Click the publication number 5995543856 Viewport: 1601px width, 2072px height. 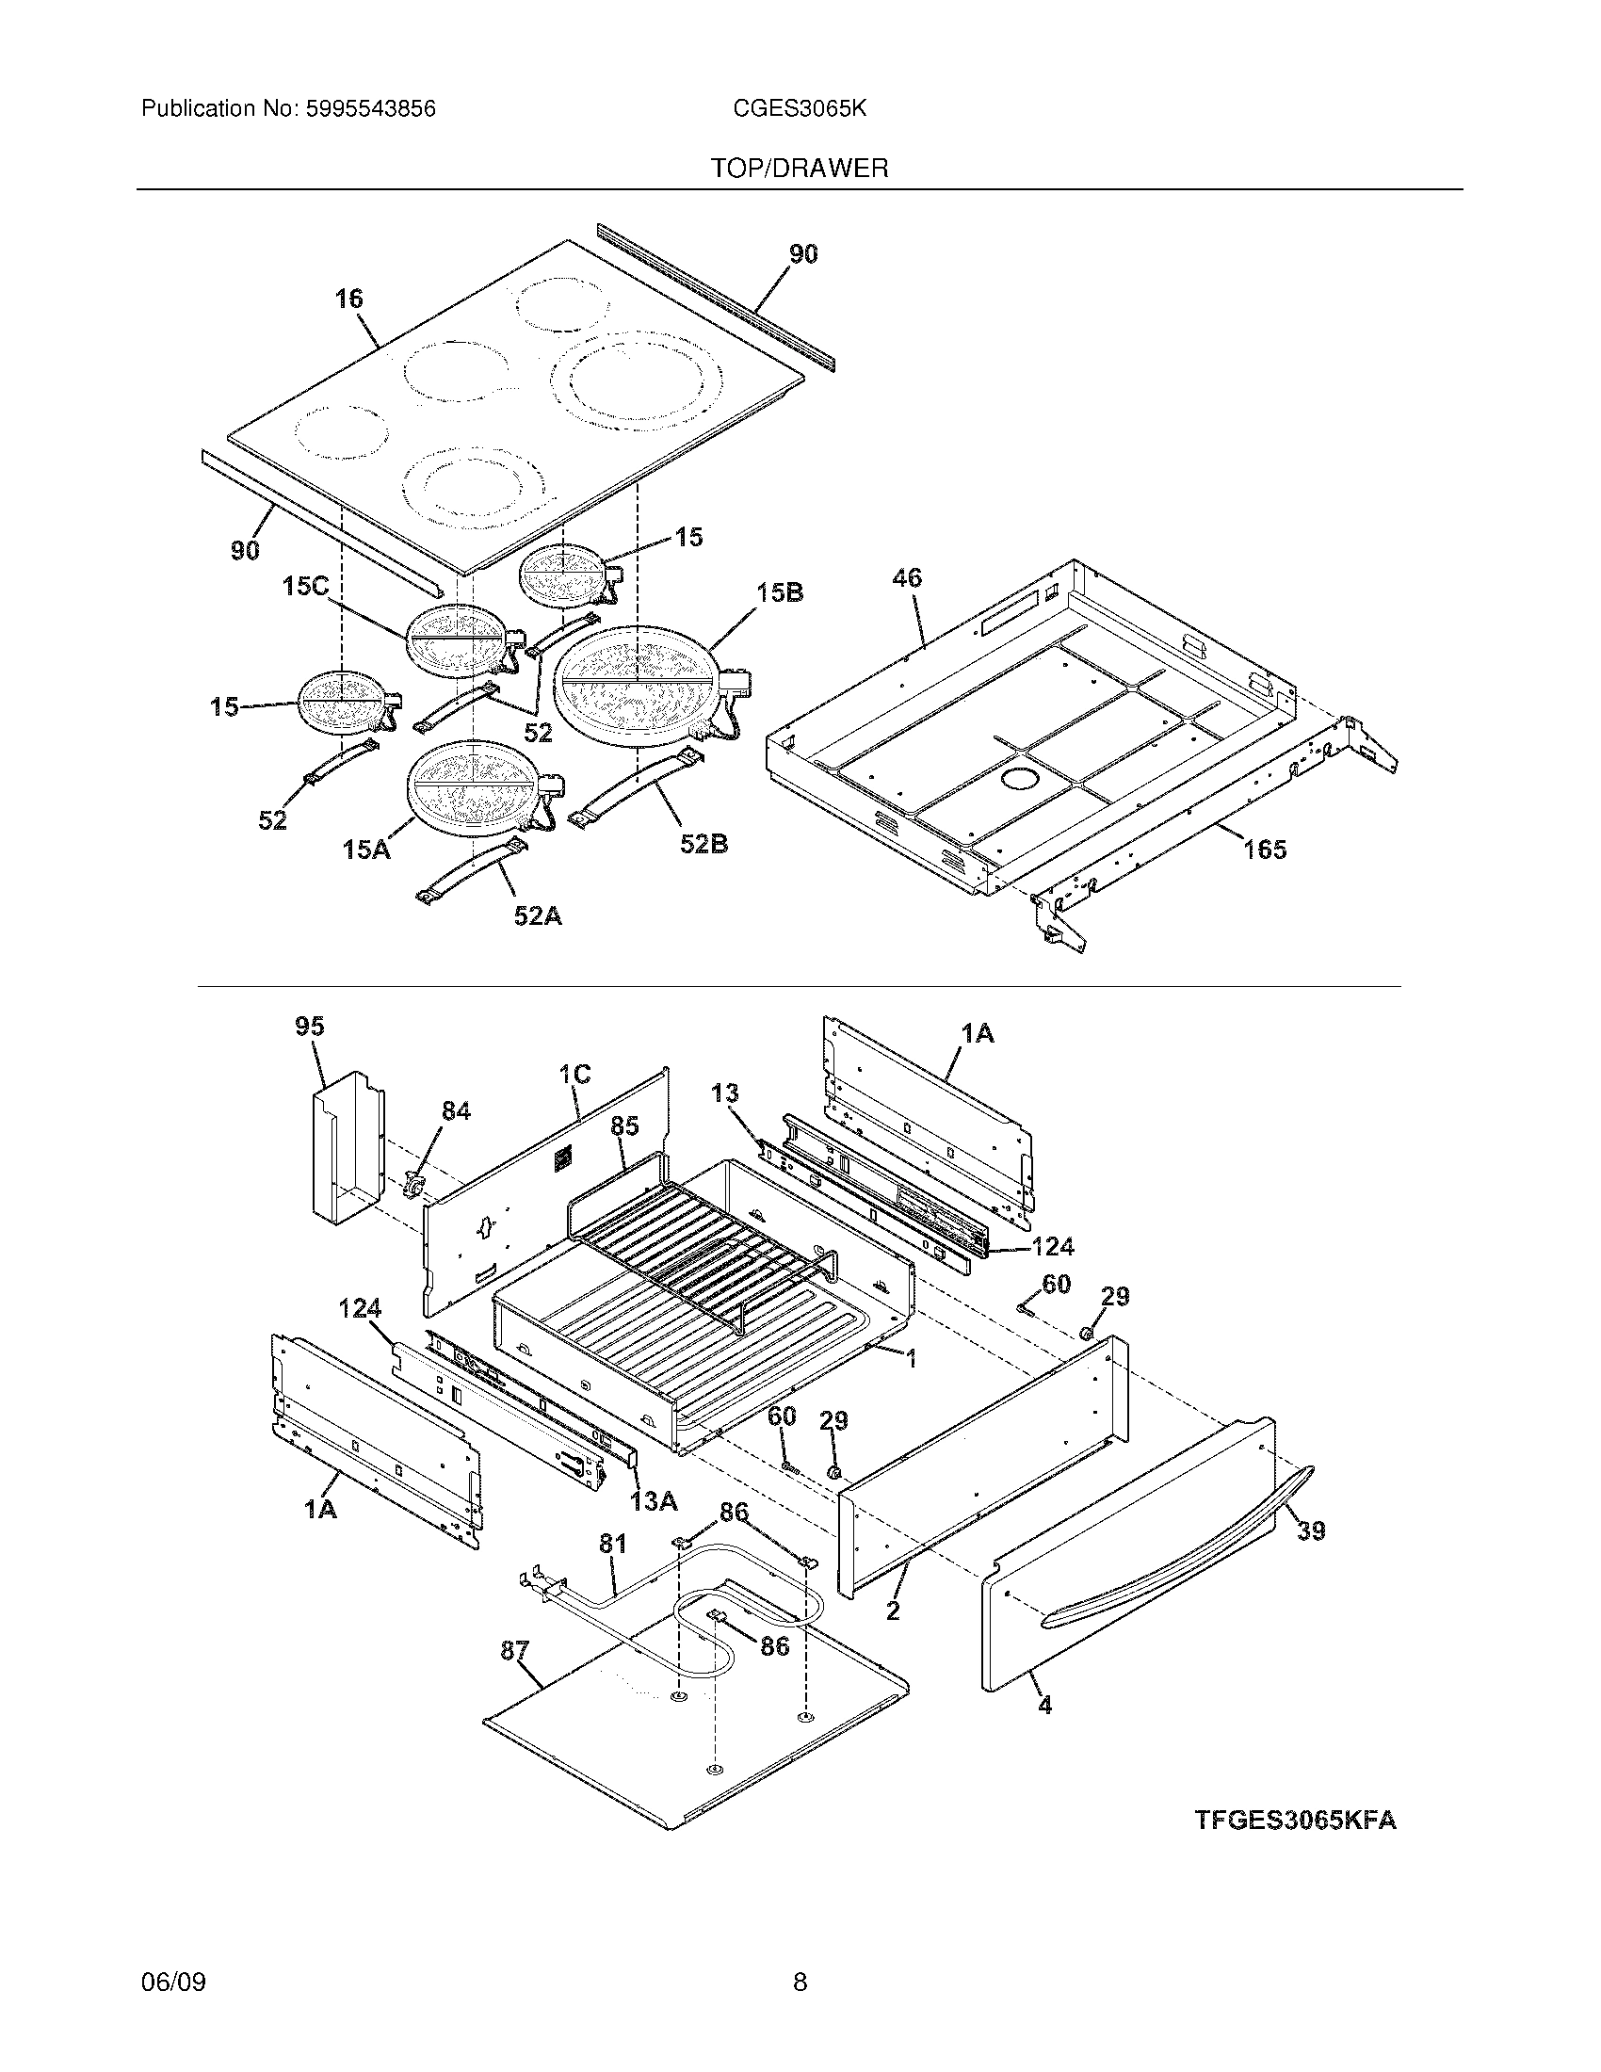(x=370, y=109)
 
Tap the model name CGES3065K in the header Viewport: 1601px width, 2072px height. (x=799, y=109)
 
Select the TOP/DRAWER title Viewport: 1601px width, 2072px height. (x=800, y=169)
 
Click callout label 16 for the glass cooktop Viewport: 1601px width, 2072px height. (x=348, y=299)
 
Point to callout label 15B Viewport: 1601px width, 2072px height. (x=780, y=593)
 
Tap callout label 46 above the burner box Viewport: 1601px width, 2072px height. (x=907, y=577)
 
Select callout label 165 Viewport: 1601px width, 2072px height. (x=1265, y=850)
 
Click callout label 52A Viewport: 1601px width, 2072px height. (x=537, y=915)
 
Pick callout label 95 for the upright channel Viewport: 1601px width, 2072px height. (x=309, y=1026)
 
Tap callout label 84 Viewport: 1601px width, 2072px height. (x=455, y=1110)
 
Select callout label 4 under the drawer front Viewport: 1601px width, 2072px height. (x=1044, y=1705)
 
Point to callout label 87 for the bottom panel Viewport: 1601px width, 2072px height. (x=514, y=1651)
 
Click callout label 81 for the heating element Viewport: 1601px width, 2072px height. (x=612, y=1544)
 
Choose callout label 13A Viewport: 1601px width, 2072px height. (x=653, y=1501)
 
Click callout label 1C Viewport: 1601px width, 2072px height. (x=574, y=1074)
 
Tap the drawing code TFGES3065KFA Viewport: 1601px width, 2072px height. (x=1295, y=1821)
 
